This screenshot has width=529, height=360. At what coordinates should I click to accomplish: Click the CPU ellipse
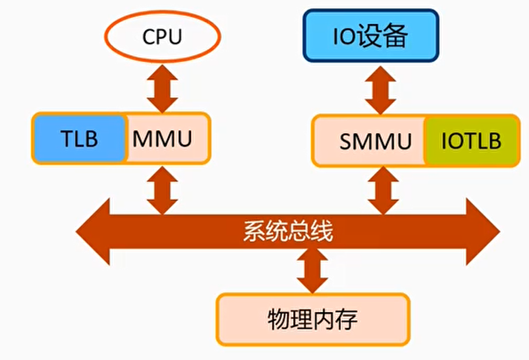163,38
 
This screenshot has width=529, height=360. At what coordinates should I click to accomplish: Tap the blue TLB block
79,138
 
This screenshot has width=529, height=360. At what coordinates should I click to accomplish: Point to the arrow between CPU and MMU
162,90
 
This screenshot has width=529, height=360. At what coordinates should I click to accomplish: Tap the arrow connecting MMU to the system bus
162,188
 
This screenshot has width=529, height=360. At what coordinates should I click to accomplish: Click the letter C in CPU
148,38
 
